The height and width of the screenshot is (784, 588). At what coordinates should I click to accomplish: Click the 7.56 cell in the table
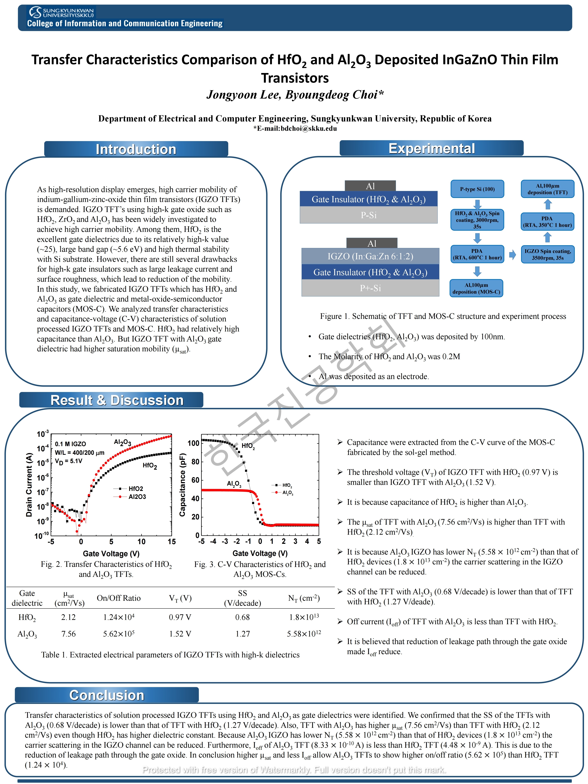[x=68, y=634]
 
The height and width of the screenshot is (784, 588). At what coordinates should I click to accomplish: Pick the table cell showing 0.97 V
[x=180, y=617]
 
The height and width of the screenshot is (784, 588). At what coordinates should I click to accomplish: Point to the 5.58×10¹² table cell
[x=304, y=634]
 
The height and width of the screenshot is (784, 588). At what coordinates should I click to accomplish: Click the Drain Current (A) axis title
[x=29, y=485]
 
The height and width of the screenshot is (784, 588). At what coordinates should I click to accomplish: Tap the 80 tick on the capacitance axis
[x=195, y=462]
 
